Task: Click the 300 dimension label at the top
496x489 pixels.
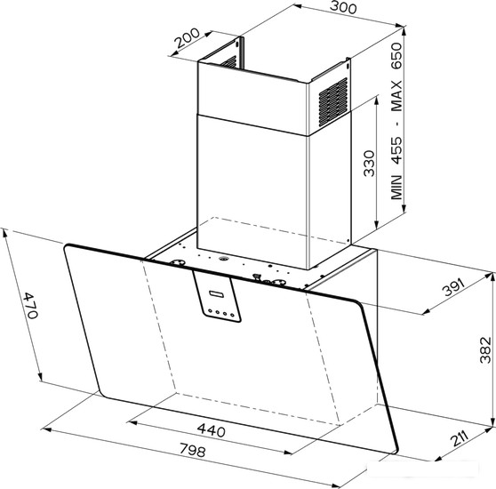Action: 343,8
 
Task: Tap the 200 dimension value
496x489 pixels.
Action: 188,38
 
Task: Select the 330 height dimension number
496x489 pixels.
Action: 369,164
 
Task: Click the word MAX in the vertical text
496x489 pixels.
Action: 396,96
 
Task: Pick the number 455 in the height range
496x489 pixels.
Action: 396,150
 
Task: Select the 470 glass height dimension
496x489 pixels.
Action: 31,306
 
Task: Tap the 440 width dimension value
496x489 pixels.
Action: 212,430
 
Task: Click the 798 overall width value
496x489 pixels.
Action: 193,450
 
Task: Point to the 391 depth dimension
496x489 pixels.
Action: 453,287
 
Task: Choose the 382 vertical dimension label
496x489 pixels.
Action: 485,349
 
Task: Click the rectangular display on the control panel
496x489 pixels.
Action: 216,294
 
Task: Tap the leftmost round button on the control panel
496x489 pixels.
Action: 210,311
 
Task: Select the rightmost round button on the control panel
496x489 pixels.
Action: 232,315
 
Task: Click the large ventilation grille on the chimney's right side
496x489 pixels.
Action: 332,101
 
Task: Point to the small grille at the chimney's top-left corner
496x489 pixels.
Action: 228,62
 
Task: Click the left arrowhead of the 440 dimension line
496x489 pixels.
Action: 131,422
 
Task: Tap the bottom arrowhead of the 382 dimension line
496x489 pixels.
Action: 492,422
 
